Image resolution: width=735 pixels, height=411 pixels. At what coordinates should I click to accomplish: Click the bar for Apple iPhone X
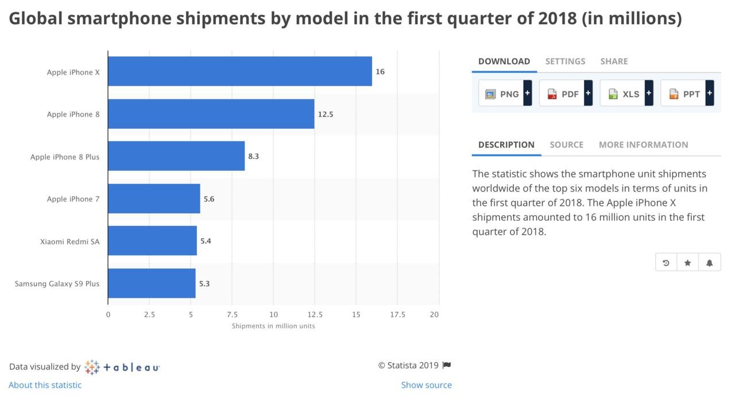(239, 71)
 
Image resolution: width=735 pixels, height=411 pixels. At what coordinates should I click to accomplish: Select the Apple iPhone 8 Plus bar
(176, 156)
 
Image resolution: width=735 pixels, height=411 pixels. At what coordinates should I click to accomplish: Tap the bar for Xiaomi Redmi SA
(152, 240)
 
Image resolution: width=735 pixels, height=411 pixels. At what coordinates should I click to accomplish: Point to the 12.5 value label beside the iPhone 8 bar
(326, 114)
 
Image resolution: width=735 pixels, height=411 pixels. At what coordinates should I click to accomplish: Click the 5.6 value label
(209, 199)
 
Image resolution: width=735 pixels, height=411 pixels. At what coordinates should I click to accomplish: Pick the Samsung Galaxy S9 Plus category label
(57, 283)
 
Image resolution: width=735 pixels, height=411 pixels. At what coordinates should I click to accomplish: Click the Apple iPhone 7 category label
(73, 199)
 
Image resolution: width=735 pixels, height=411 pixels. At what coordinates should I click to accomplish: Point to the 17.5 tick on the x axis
(397, 314)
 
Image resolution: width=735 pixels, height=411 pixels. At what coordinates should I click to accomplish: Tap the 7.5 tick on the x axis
(232, 314)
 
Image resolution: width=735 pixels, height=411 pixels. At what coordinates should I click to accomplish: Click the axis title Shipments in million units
(273, 326)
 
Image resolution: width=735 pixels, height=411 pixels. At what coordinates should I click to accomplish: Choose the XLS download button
(626, 94)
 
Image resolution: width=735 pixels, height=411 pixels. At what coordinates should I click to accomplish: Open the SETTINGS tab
(565, 61)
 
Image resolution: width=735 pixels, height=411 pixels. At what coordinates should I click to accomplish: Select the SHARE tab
(614, 61)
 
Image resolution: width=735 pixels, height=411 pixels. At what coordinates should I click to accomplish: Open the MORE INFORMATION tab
(643, 145)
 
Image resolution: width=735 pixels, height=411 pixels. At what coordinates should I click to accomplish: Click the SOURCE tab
(566, 145)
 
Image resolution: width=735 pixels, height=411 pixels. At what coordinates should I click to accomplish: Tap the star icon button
(687, 263)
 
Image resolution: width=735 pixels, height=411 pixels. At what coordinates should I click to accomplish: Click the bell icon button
(709, 263)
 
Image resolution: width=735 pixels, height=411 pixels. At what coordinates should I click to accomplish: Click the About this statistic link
(45, 385)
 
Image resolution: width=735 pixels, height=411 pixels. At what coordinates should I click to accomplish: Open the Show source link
(426, 385)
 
